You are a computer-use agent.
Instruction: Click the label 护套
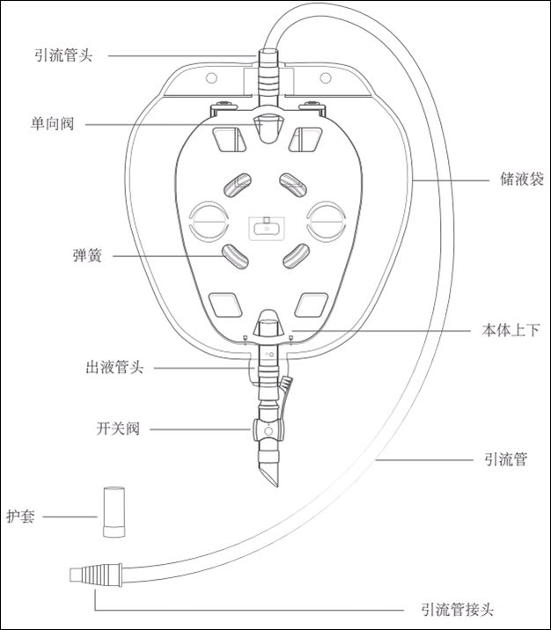pos(20,516)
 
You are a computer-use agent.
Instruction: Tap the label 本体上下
pos(511,330)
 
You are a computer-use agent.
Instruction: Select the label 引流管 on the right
pos(506,459)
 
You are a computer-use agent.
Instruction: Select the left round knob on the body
pos(209,221)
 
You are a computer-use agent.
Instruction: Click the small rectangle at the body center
pos(265,226)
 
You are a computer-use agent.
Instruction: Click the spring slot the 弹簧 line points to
pos(235,257)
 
